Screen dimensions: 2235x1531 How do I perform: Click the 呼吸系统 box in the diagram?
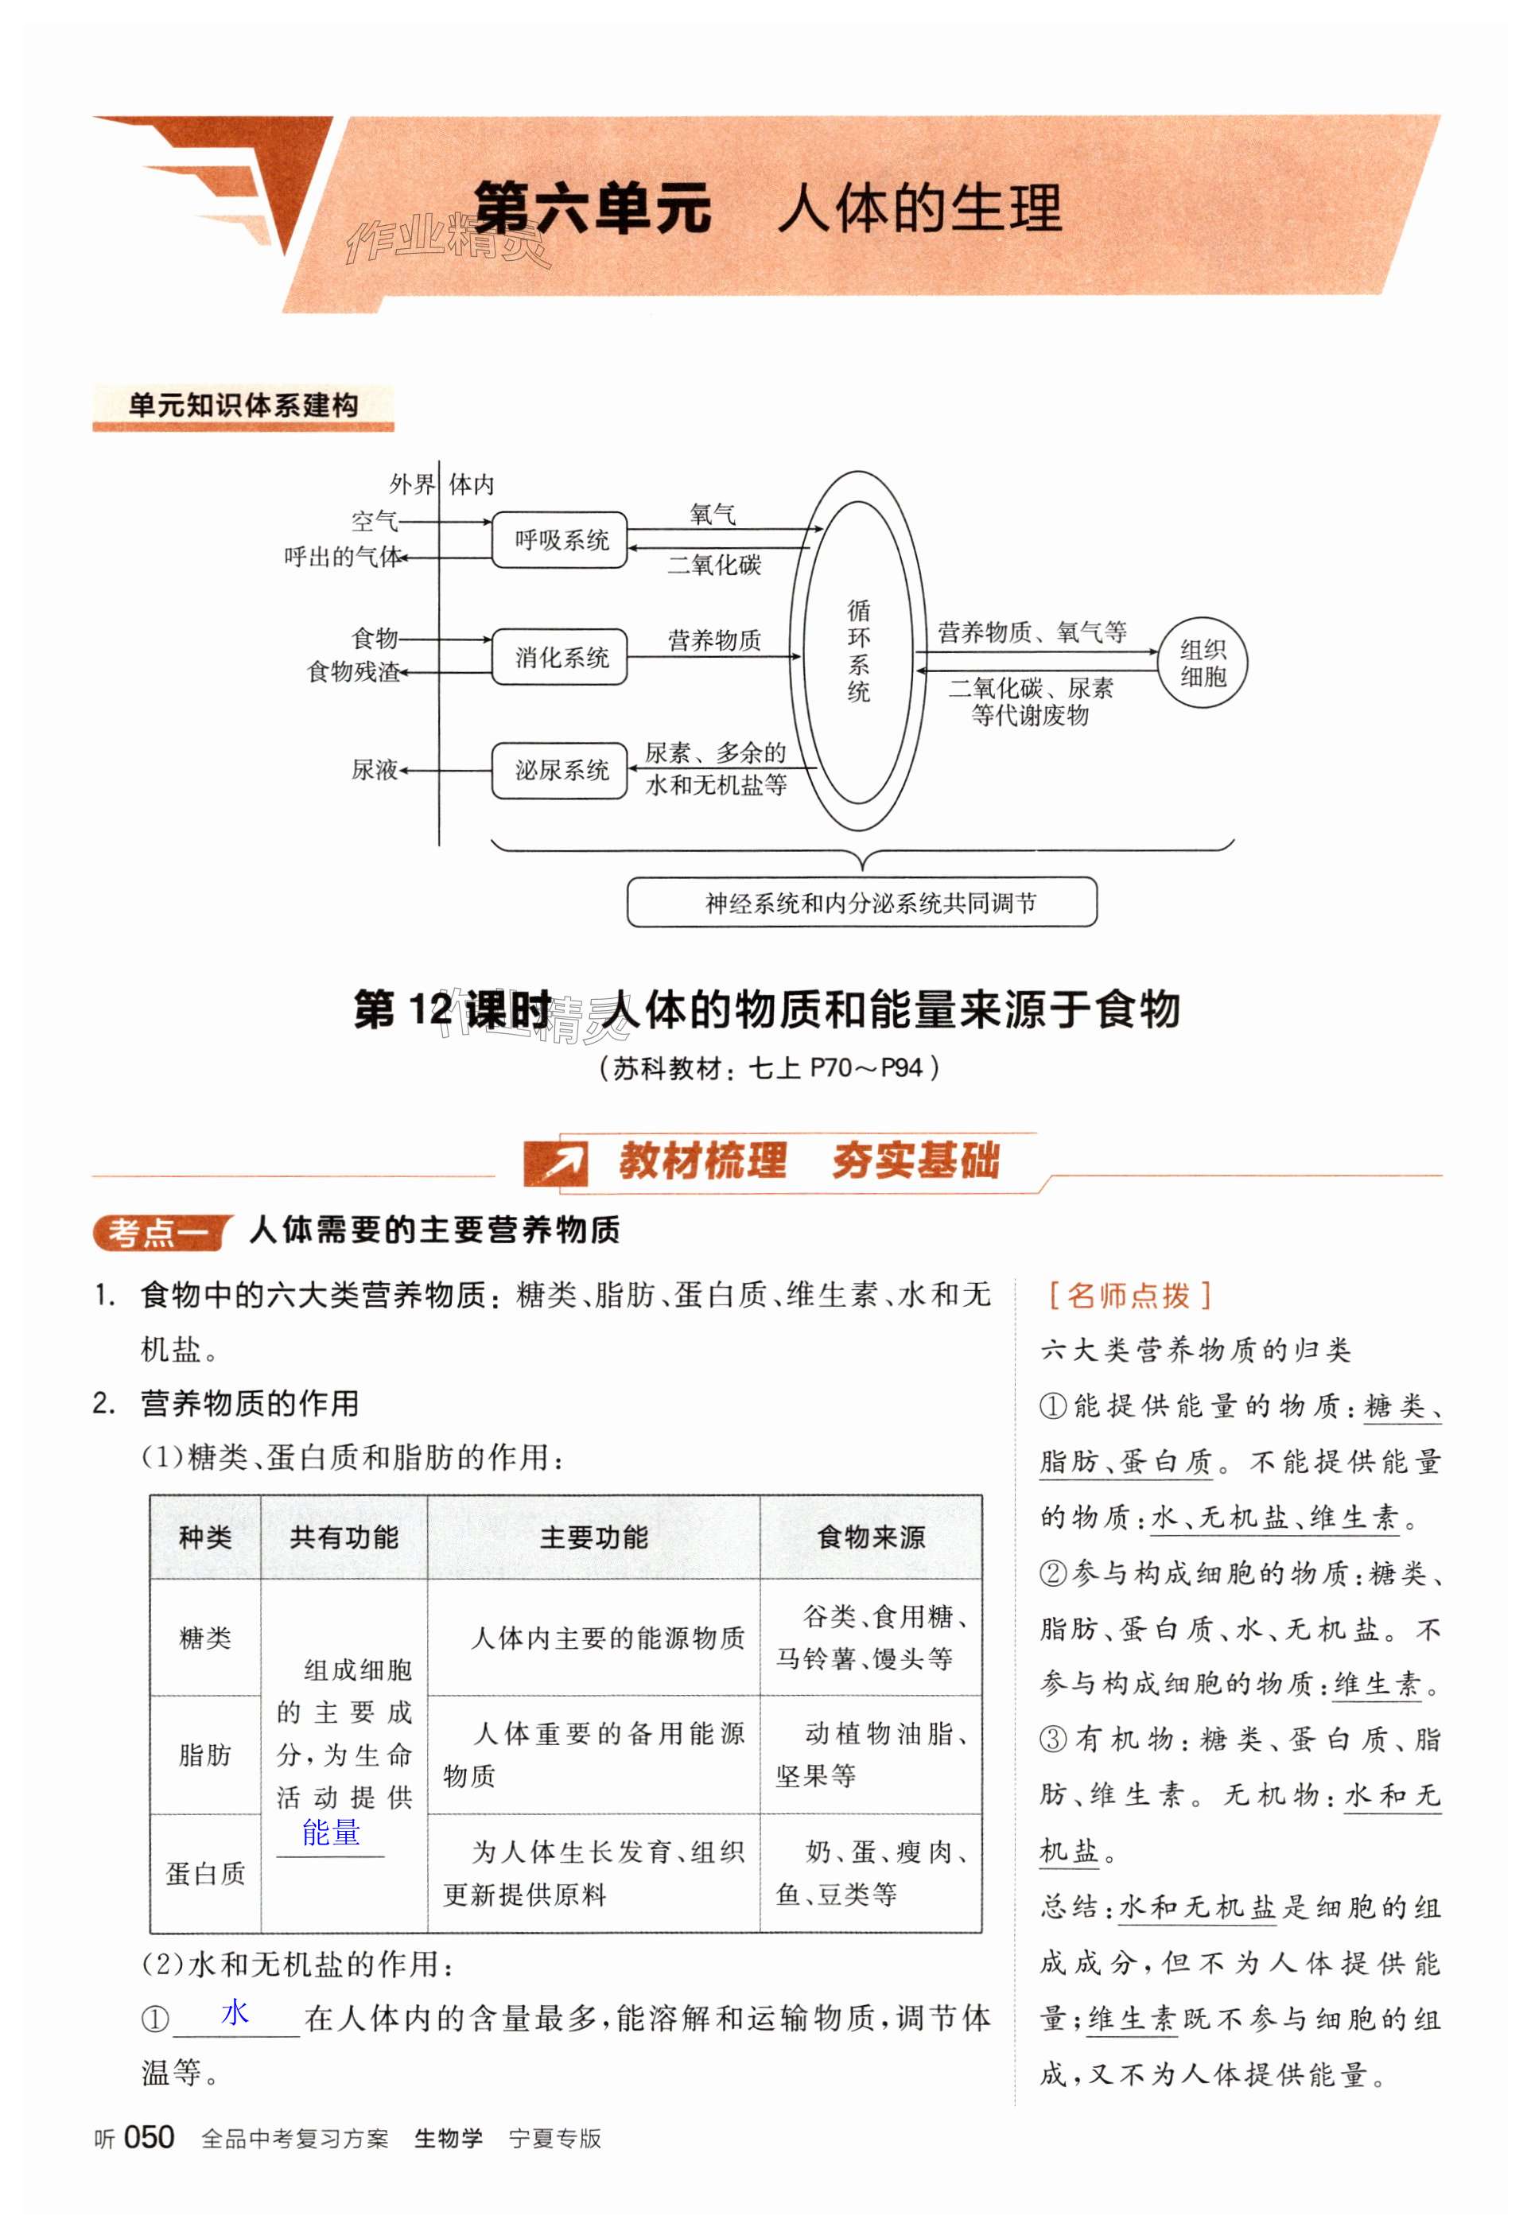pos(560,539)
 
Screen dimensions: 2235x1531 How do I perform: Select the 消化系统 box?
pos(560,657)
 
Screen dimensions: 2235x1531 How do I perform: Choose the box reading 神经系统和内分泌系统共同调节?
pos(861,902)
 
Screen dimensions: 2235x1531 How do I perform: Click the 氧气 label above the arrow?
pos(713,515)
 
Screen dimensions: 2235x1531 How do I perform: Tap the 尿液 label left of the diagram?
pos(374,769)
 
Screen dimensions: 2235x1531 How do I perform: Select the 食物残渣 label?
pos(353,671)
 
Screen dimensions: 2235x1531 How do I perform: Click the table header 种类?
pos(205,1537)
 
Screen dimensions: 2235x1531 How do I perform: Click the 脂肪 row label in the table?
pos(205,1755)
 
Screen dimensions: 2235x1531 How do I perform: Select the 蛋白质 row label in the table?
pos(205,1872)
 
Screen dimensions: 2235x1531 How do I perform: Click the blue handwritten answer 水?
pos(235,2012)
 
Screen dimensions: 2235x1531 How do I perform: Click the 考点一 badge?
pos(159,1232)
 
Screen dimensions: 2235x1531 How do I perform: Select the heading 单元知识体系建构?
pos(243,405)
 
